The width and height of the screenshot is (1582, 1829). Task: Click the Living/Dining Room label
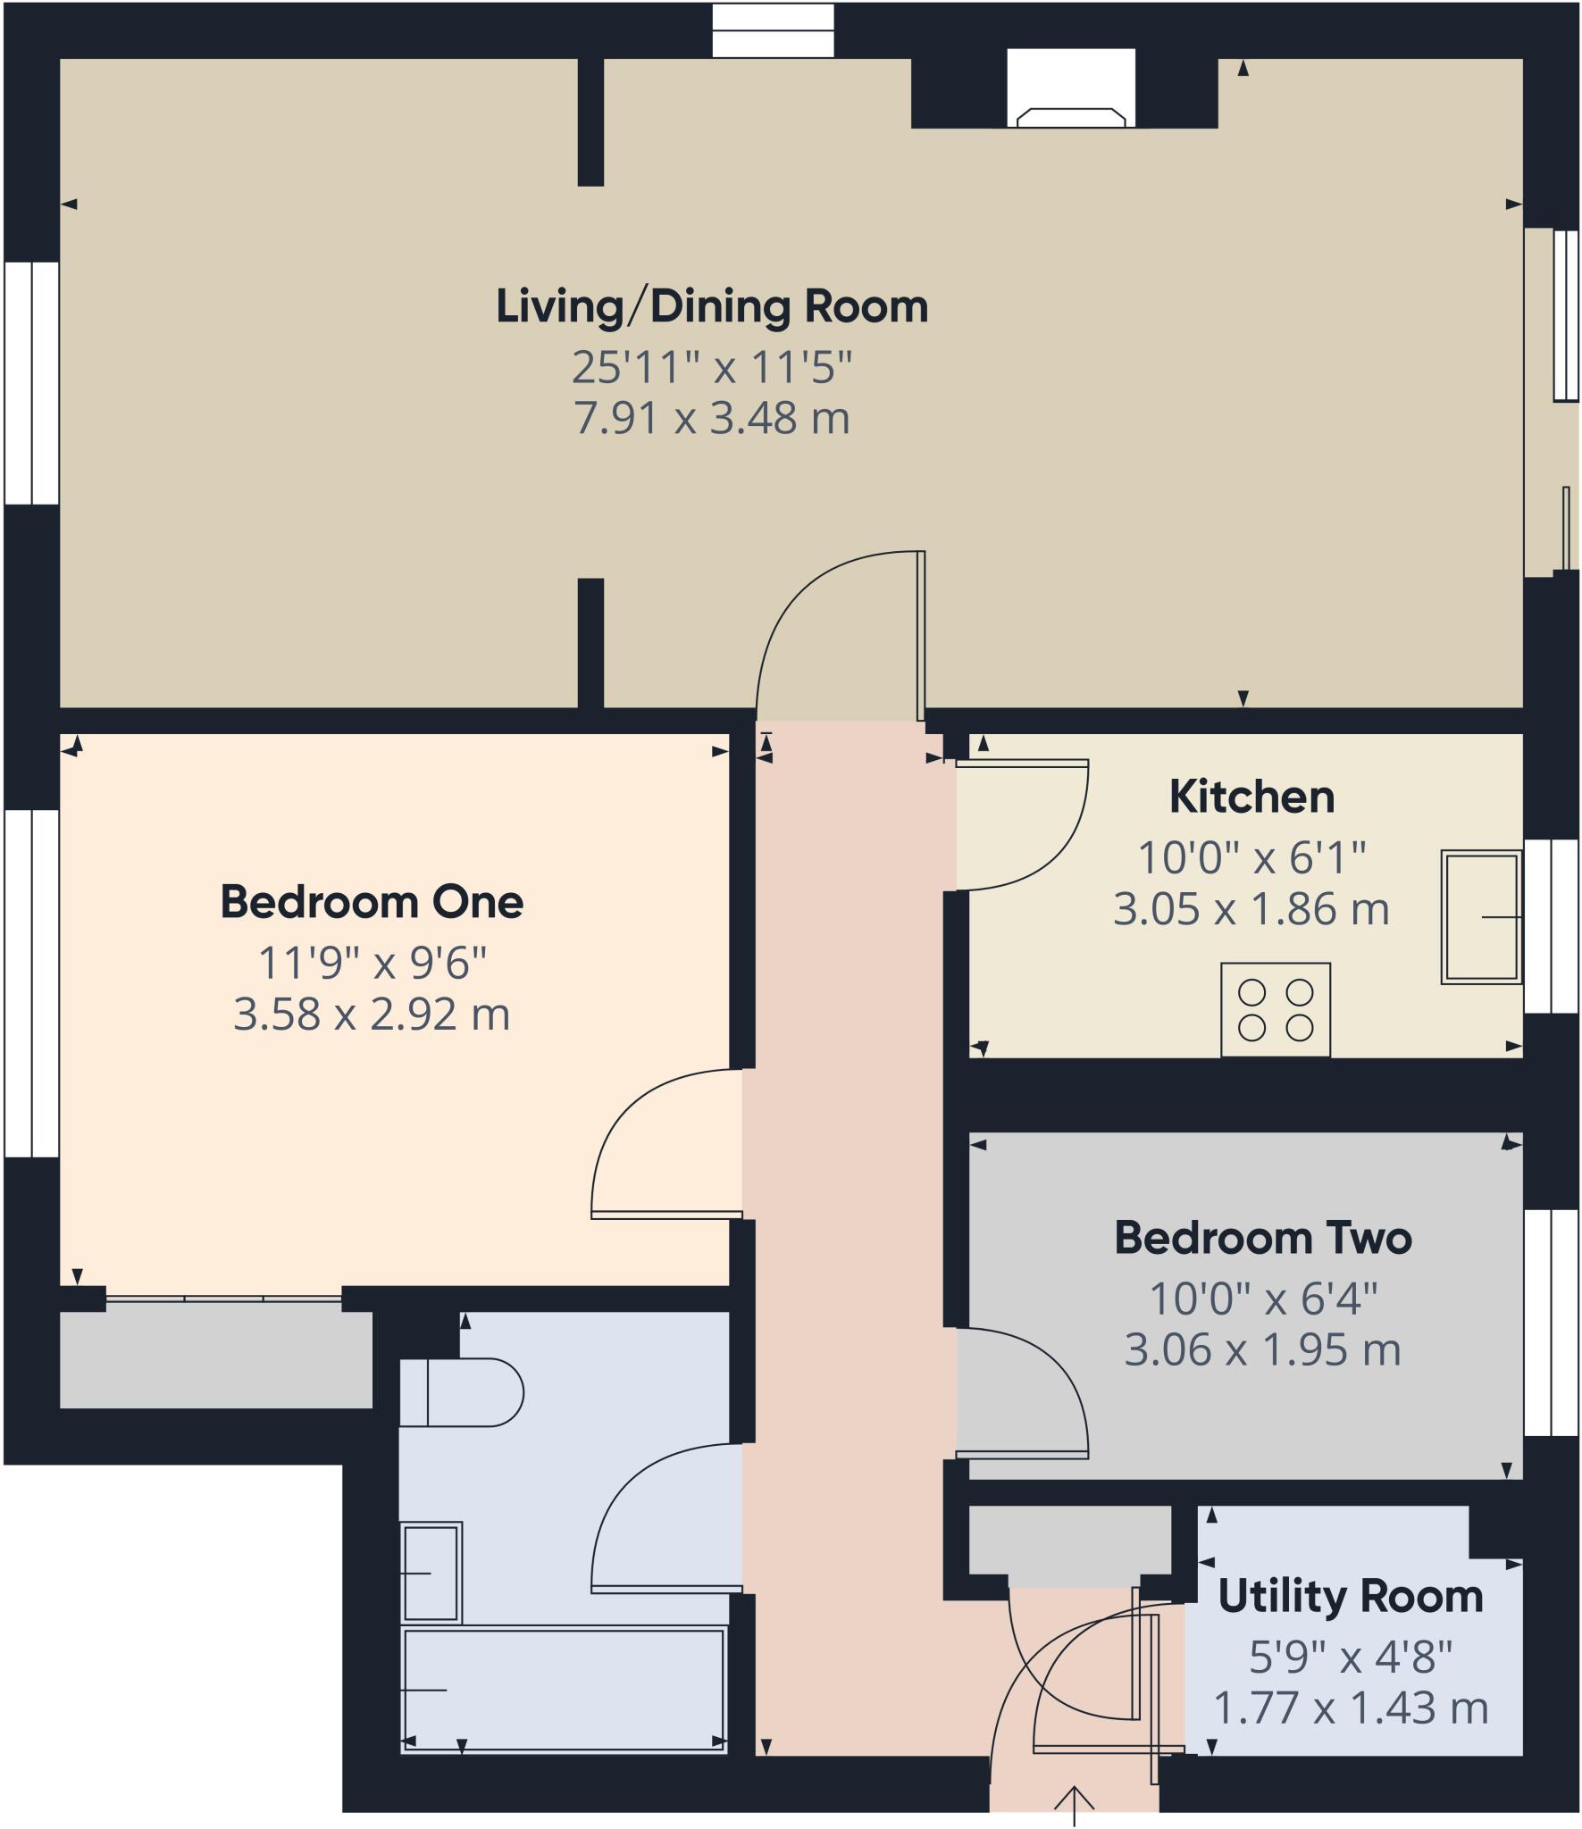click(712, 306)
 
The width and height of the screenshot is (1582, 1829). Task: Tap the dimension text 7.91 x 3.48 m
click(712, 418)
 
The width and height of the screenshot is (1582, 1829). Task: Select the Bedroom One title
click(372, 902)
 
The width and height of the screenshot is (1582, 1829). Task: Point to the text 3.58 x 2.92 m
click(372, 1015)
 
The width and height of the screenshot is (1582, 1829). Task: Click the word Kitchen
click(1251, 797)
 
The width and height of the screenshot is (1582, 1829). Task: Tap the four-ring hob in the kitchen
click(1275, 1009)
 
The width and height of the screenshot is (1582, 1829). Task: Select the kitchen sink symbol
click(1480, 916)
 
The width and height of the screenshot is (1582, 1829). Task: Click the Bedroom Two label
click(1263, 1239)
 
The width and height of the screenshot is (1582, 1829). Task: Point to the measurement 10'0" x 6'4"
click(1263, 1299)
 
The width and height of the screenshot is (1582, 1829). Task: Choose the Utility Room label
click(1350, 1597)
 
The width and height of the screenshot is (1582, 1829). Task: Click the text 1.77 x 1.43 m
click(1351, 1708)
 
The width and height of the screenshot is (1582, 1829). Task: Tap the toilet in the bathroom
click(460, 1392)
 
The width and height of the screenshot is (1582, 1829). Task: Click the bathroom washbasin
click(431, 1573)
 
